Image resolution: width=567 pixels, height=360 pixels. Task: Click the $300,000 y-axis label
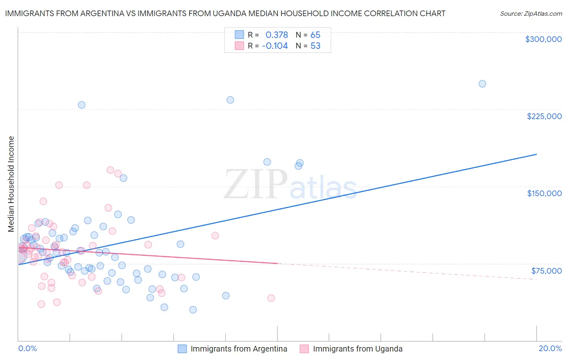543,39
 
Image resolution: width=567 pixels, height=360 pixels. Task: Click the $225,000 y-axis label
544,116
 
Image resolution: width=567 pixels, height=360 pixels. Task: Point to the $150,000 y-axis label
544,193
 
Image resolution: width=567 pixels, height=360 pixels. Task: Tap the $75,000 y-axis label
546,270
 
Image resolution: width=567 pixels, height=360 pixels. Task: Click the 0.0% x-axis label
27,348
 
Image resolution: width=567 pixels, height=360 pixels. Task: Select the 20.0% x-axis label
550,348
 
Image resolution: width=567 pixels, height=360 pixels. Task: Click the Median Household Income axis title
11,184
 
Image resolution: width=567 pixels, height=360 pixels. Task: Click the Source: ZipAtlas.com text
531,13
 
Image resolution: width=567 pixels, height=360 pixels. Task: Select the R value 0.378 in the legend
277,35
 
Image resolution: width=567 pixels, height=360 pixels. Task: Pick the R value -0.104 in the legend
275,46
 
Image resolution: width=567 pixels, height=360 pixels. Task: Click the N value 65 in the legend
315,35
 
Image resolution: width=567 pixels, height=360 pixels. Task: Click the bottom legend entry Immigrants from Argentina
239,349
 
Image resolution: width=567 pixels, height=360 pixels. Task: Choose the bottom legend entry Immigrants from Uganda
357,349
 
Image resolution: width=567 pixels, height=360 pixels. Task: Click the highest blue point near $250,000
482,84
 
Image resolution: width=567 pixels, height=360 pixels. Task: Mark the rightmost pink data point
271,298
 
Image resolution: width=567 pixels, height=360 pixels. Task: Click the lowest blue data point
193,310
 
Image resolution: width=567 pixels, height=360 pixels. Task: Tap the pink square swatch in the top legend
240,46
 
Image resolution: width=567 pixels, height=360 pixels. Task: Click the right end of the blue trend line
536,154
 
